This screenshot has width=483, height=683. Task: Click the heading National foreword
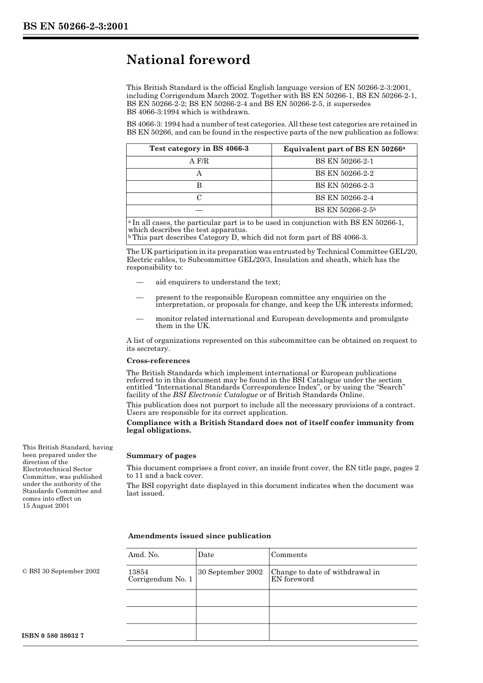(x=188, y=60)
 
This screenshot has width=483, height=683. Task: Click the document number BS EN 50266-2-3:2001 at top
(x=75, y=26)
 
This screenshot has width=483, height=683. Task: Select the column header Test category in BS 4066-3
(x=199, y=149)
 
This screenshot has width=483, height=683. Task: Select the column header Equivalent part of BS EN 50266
(x=344, y=149)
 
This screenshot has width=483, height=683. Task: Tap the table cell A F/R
(x=199, y=161)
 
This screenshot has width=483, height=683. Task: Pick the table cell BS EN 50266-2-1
(x=344, y=161)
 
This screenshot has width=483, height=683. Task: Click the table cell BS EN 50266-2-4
(x=344, y=198)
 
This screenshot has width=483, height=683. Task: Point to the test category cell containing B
(x=199, y=186)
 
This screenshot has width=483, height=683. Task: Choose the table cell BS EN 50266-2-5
(x=345, y=210)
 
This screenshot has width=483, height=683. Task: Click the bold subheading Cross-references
(x=158, y=361)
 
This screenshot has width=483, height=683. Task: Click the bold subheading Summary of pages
(x=161, y=456)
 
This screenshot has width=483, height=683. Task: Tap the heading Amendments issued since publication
(x=199, y=536)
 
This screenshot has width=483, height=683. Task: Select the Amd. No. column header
(x=144, y=555)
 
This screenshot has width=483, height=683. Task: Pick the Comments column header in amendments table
(x=289, y=555)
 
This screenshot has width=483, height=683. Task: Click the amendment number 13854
(x=138, y=572)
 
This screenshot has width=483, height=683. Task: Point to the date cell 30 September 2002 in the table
(x=230, y=572)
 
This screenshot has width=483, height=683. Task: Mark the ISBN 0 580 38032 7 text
(x=53, y=636)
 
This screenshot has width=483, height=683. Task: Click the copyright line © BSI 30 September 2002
(x=61, y=571)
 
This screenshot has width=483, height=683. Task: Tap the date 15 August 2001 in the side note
(x=46, y=506)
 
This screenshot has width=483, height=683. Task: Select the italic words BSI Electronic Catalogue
(x=215, y=395)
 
